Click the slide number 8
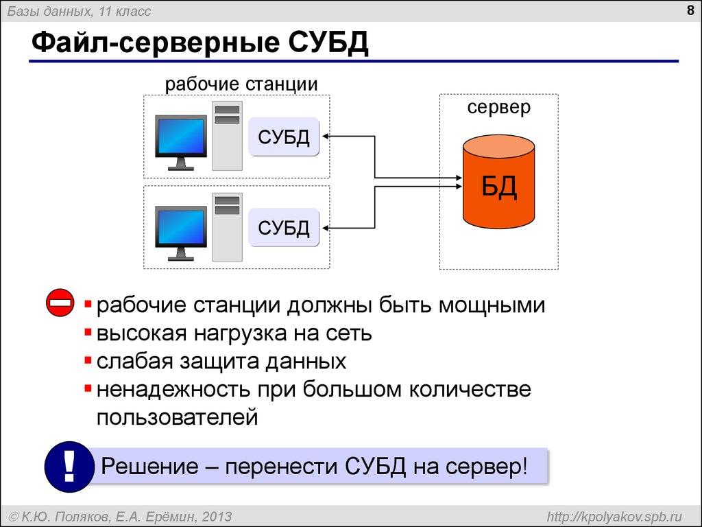(x=690, y=10)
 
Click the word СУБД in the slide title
(x=328, y=43)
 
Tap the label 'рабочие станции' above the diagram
(x=241, y=84)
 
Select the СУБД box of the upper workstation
(x=284, y=137)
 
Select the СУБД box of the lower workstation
(x=284, y=228)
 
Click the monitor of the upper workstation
(x=181, y=142)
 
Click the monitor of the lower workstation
(x=181, y=233)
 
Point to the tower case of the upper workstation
(x=228, y=137)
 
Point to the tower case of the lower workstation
(x=228, y=227)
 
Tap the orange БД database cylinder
(x=499, y=181)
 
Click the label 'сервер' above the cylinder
(x=499, y=108)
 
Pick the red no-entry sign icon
(x=60, y=303)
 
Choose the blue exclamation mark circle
(x=69, y=467)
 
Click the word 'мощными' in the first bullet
(x=492, y=305)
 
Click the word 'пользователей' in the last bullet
(x=178, y=418)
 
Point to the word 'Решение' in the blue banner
(x=149, y=466)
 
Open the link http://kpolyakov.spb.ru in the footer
(x=614, y=517)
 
